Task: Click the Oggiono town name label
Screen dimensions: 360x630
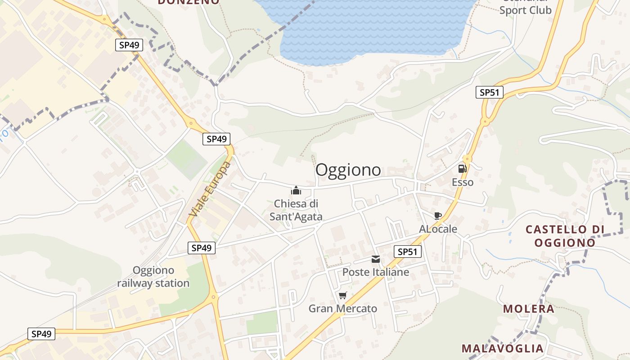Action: coord(348,170)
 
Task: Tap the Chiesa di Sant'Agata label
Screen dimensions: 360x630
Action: coord(296,210)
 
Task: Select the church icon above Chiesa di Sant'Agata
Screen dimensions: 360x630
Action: coord(296,190)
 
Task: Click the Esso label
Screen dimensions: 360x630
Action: coord(463,182)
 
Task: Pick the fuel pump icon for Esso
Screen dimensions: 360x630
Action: coord(462,169)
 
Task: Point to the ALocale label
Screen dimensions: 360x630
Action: coord(438,229)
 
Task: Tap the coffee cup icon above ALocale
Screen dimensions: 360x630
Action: coord(437,216)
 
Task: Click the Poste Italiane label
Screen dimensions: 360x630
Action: coord(376,272)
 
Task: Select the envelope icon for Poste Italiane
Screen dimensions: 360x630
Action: coord(376,259)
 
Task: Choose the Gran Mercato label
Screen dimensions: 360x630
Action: coord(342,309)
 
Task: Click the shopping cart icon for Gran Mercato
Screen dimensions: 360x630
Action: coord(342,296)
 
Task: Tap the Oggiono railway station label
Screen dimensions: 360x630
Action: coord(153,277)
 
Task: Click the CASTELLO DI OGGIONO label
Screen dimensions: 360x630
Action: coord(565,236)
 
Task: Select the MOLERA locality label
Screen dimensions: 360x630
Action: coord(529,309)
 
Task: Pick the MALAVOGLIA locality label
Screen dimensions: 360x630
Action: coord(502,348)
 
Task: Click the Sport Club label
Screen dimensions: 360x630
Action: coord(525,10)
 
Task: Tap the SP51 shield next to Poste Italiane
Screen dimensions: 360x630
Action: coord(408,252)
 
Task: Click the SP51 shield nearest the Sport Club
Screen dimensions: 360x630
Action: coord(489,93)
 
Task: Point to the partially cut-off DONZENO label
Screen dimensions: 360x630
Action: coord(189,2)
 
